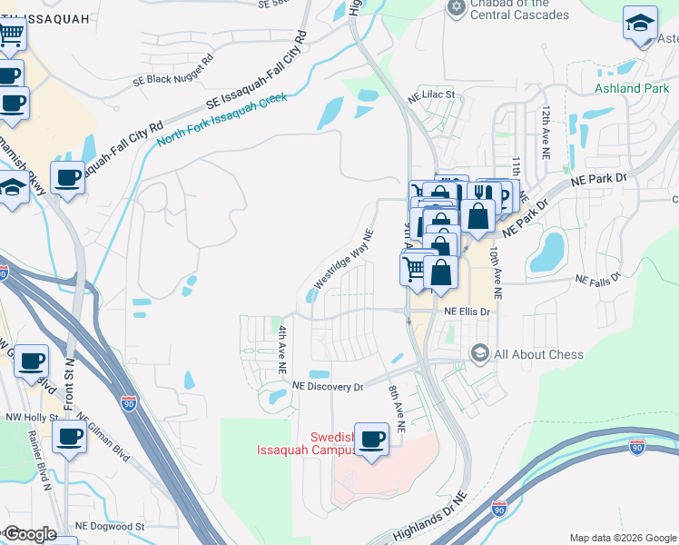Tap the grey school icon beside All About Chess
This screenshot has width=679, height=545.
point(478,352)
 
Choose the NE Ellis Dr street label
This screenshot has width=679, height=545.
point(467,311)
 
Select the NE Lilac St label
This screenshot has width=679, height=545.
point(430,94)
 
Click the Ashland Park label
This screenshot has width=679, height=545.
point(631,88)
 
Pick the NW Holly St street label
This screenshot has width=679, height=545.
point(29,419)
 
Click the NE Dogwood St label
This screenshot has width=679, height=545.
point(109,526)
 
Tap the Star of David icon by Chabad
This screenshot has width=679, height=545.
point(457,8)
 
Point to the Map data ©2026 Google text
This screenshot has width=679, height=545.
point(623,537)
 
